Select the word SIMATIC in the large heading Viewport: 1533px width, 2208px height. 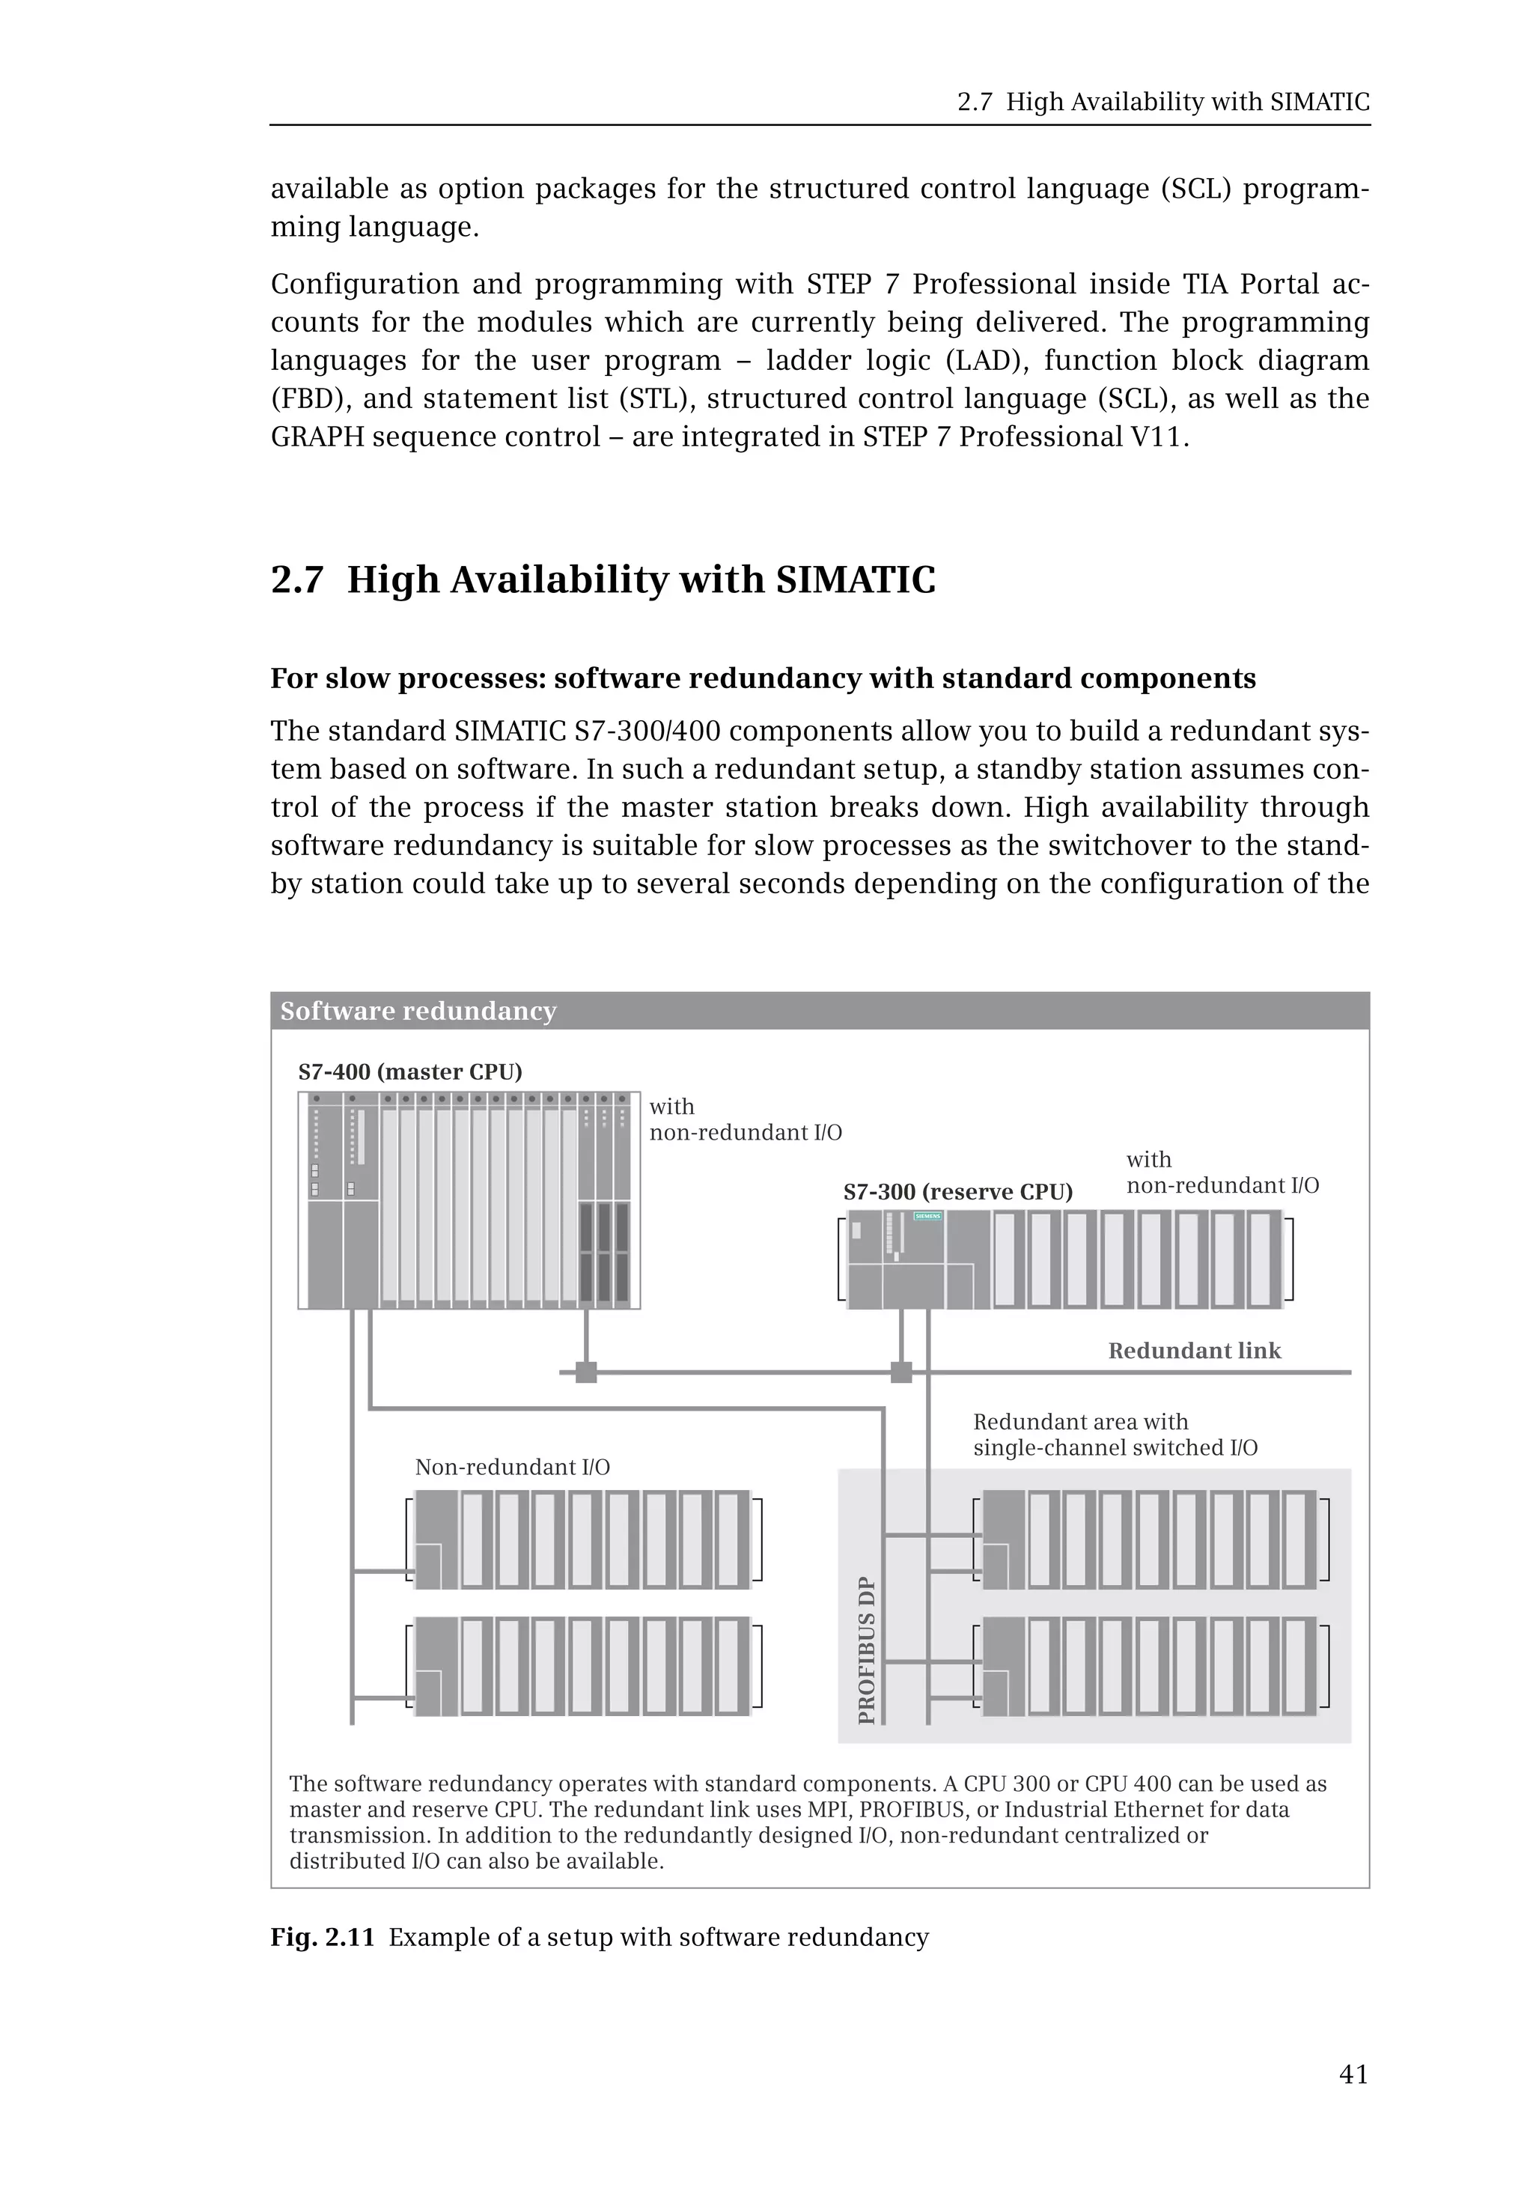pyautogui.click(x=855, y=580)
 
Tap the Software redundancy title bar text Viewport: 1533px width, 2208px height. pyautogui.click(x=418, y=1011)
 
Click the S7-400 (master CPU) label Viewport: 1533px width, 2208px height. pyautogui.click(x=410, y=1071)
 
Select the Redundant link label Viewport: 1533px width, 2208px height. pyautogui.click(x=1194, y=1350)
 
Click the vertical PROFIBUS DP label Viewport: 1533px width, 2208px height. pyautogui.click(x=866, y=1649)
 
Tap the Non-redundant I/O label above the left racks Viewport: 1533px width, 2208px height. pyautogui.click(x=512, y=1466)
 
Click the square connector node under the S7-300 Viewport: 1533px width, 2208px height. pyautogui.click(x=901, y=1372)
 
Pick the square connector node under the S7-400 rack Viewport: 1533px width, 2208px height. pyautogui.click(x=586, y=1372)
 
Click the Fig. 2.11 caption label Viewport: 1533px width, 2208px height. pyautogui.click(x=322, y=1936)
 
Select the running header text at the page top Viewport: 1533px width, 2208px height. pyautogui.click(x=1163, y=102)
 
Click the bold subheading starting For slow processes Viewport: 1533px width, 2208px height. pyautogui.click(x=763, y=678)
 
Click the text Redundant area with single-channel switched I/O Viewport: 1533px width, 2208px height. pyautogui.click(x=1115, y=1435)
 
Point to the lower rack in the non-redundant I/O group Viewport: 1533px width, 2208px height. pyautogui.click(x=582, y=1666)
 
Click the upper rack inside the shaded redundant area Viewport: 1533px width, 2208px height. pyautogui.click(x=1150, y=1539)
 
